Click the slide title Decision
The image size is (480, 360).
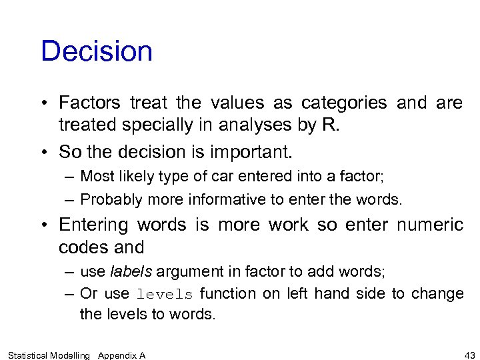[x=97, y=52]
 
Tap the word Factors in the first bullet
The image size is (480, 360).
[x=89, y=103]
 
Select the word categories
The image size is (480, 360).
[x=343, y=103]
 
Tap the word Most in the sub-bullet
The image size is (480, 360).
[x=93, y=176]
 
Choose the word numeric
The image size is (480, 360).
[x=430, y=225]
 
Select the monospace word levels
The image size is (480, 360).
[x=165, y=294]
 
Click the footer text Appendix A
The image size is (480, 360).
[x=121, y=355]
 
